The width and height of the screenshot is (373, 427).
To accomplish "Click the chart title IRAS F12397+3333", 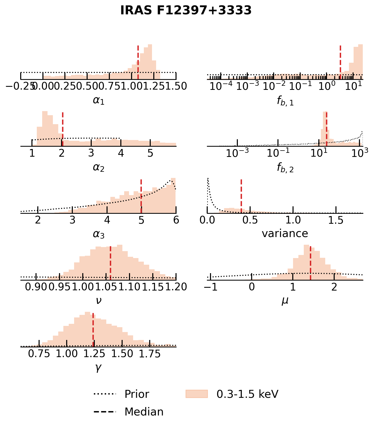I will [x=186, y=11].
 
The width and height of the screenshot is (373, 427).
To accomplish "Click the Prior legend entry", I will [x=137, y=394].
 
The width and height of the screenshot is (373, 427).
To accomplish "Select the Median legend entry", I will [x=144, y=412].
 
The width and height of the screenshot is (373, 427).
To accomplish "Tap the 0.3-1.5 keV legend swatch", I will [x=196, y=394].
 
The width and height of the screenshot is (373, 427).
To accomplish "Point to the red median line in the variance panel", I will [x=241, y=196].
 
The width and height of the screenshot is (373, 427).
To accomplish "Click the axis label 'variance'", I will [x=285, y=233].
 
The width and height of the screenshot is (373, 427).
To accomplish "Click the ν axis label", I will [x=99, y=300].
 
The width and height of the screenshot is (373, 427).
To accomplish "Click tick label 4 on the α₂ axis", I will [x=121, y=153].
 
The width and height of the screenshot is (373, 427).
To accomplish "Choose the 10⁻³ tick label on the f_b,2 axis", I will [x=237, y=153].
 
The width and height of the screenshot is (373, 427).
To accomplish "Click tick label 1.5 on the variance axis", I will [x=336, y=220].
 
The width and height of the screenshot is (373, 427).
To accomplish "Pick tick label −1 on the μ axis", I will [x=211, y=287].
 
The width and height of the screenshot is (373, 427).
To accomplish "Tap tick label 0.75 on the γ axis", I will [x=39, y=354].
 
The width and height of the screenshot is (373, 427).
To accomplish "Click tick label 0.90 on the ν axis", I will [x=36, y=287].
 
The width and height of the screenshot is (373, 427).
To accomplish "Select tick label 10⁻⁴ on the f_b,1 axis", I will [x=220, y=87].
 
